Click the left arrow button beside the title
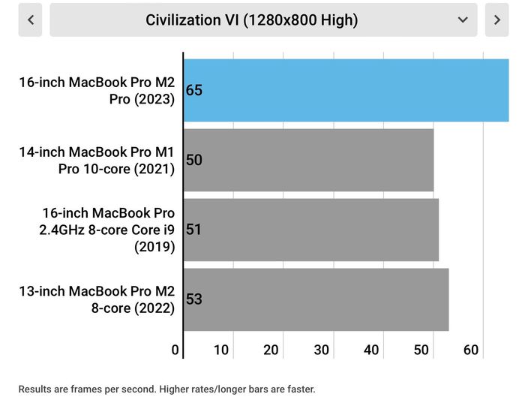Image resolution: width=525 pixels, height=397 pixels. [30, 20]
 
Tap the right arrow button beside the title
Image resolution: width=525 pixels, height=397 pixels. [496, 20]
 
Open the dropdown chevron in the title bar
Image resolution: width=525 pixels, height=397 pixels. [463, 20]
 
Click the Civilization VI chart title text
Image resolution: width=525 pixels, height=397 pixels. [252, 20]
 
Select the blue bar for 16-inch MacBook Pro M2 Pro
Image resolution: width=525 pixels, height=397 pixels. [346, 91]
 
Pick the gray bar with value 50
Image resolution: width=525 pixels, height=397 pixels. [309, 160]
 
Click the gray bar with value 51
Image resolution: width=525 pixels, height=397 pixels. [311, 230]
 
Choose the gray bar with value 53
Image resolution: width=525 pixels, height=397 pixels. [316, 299]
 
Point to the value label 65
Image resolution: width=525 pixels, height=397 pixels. [194, 90]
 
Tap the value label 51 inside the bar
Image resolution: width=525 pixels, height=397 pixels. [193, 230]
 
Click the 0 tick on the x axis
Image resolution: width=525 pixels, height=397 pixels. [175, 350]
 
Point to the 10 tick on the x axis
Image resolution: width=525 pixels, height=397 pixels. [221, 350]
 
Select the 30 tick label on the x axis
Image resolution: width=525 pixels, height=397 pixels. [322, 350]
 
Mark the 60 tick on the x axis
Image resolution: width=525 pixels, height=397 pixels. [471, 350]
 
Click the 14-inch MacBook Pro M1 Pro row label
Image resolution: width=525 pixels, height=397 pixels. [97, 161]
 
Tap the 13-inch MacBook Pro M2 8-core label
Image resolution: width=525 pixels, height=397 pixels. [97, 299]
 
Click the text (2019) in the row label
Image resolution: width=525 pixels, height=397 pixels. [154, 247]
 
